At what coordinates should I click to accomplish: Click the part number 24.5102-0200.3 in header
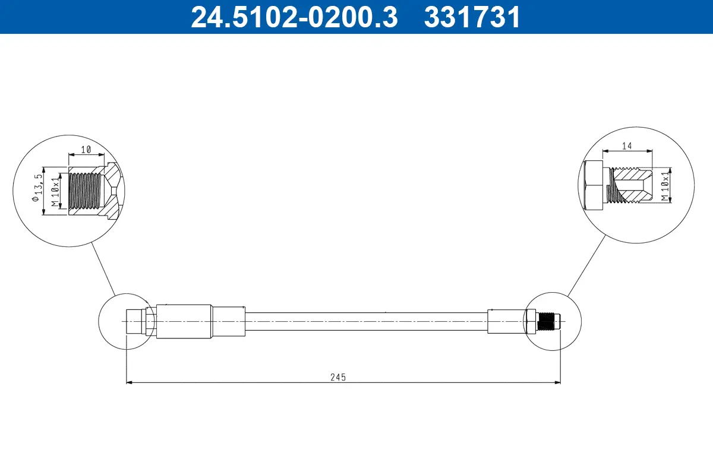pos(294,17)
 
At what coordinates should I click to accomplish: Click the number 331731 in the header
pos(472,17)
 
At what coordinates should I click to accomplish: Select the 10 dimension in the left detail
pos(86,150)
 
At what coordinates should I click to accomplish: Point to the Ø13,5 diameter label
pos(39,191)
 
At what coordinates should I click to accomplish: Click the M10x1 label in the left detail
pos(55,191)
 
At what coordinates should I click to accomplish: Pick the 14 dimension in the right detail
pos(627,145)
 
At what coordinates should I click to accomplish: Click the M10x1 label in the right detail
pos(666,185)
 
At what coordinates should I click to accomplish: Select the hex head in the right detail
pos(594,185)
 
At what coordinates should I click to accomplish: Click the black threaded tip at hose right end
pos(547,321)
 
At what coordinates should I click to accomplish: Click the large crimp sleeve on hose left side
pos(183,321)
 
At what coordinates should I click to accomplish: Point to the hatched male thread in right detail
pos(630,185)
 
